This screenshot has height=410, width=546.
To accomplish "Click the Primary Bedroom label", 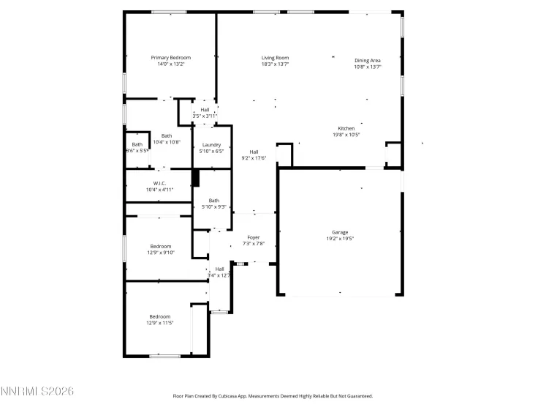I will (x=170, y=58).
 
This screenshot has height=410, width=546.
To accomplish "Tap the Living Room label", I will (x=276, y=58).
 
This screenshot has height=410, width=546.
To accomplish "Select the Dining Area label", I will (x=368, y=60).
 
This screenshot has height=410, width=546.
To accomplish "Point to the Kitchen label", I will (x=346, y=128).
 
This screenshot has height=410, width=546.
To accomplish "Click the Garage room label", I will (x=340, y=232).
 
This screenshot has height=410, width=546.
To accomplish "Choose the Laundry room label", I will (x=211, y=145).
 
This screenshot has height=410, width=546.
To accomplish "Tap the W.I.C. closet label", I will (x=160, y=183).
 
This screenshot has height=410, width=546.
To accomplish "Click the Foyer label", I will (x=254, y=237).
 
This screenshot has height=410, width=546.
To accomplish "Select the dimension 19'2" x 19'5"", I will (x=340, y=239).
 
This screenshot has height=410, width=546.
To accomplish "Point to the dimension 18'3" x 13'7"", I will (x=276, y=64).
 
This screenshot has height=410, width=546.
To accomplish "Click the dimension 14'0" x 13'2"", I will (x=170, y=64).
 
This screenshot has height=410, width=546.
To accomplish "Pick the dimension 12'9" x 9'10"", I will (x=161, y=253).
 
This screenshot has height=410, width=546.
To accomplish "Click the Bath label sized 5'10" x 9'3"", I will (x=213, y=201).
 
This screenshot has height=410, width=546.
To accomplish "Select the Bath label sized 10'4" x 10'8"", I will (x=167, y=135).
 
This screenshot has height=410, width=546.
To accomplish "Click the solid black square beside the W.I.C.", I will (x=195, y=177).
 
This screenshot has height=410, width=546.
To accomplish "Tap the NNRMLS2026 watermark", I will (x=37, y=393).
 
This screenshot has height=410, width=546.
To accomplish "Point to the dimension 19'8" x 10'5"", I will (x=346, y=135).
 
